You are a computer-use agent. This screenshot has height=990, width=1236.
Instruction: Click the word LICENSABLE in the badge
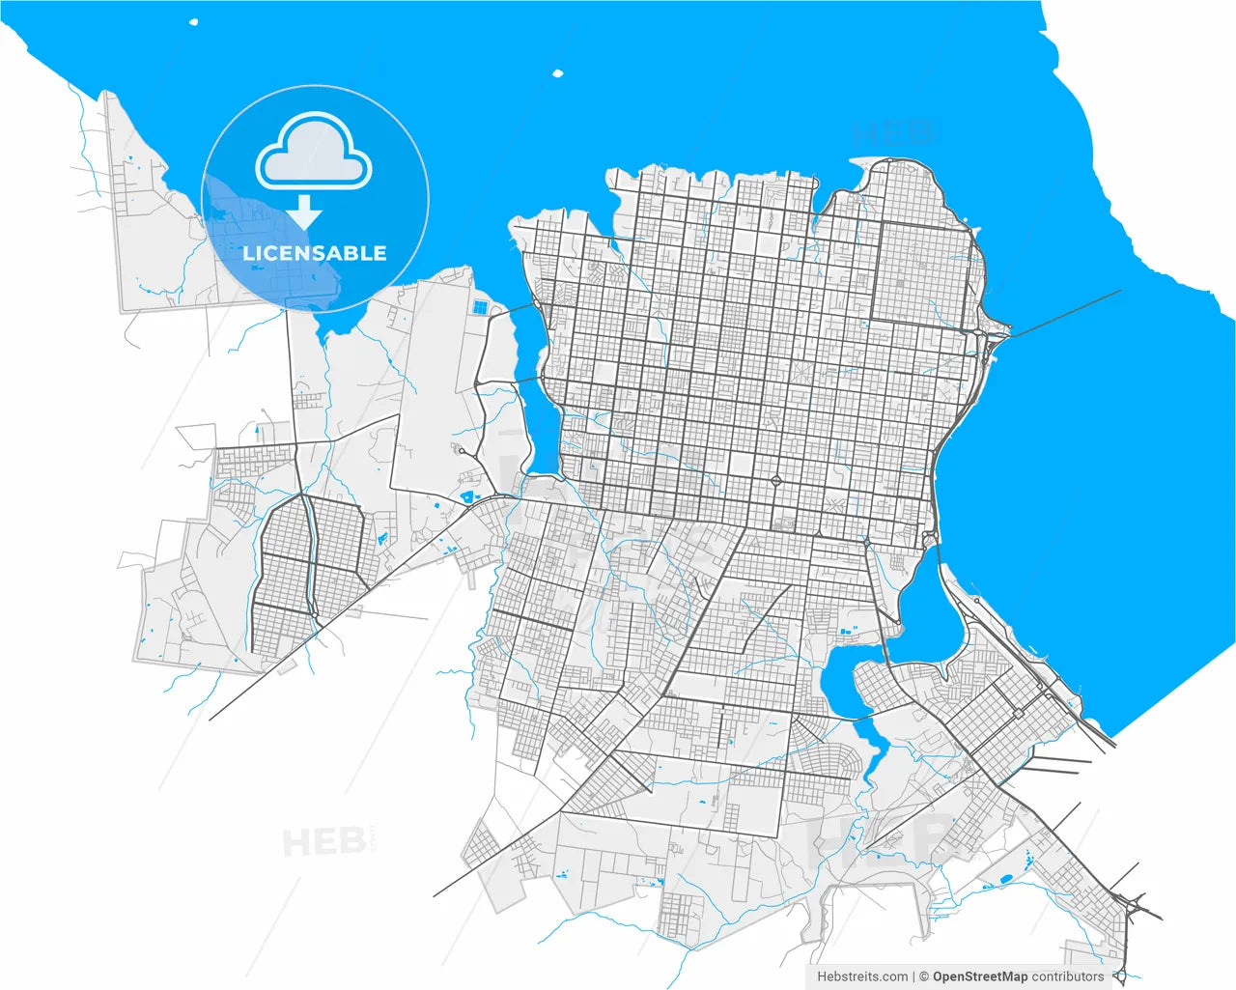(x=314, y=253)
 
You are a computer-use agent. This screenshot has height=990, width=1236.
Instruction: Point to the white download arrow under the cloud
(x=305, y=212)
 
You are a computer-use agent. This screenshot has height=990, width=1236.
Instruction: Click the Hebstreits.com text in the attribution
(x=862, y=976)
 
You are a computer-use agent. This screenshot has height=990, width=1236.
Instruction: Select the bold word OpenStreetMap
(x=980, y=976)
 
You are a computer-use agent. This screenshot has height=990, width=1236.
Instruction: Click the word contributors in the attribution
(x=1067, y=976)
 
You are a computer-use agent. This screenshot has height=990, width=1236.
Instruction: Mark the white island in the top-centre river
(x=557, y=72)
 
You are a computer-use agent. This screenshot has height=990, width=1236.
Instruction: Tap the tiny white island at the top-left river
(x=194, y=21)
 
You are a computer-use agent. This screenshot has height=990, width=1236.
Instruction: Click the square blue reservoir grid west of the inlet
(x=480, y=308)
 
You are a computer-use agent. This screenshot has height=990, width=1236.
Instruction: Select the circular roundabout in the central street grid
(x=775, y=480)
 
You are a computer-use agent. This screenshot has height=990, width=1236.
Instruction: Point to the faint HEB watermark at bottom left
(x=324, y=842)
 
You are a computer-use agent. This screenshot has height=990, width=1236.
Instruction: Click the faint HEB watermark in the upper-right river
(x=893, y=132)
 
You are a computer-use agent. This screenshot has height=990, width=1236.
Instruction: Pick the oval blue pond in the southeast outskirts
(x=1006, y=879)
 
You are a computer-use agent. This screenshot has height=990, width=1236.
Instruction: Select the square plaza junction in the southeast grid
(x=1018, y=714)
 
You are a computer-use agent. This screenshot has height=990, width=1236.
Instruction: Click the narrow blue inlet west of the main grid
(x=534, y=406)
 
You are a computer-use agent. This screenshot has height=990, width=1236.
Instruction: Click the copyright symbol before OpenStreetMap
(x=924, y=976)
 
